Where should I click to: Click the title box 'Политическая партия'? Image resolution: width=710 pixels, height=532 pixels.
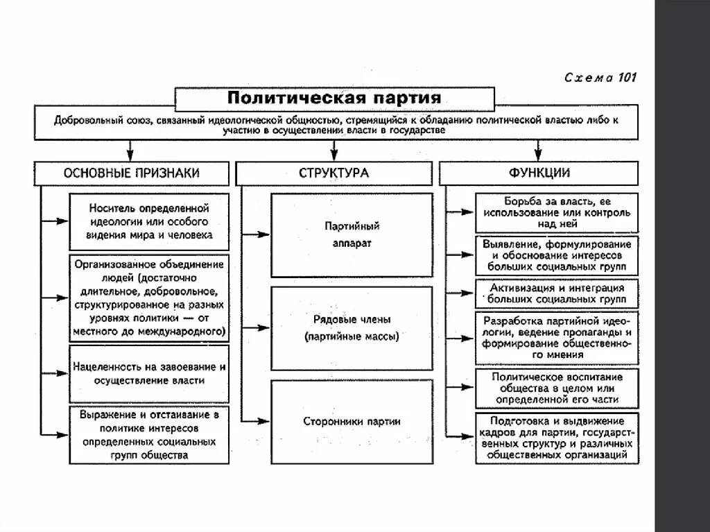(334, 96)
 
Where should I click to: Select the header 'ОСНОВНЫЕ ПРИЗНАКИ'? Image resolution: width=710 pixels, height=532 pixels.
(131, 173)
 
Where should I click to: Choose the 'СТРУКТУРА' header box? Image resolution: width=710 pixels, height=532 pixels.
(334, 173)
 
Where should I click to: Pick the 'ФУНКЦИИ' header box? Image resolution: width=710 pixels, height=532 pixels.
(538, 173)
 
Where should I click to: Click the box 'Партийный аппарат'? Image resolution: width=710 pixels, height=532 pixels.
(352, 235)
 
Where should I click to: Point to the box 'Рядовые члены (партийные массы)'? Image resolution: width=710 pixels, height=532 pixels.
(352, 328)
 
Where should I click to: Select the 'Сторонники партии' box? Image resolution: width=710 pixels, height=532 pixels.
(352, 421)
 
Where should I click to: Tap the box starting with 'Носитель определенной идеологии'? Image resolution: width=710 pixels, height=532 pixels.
(149, 222)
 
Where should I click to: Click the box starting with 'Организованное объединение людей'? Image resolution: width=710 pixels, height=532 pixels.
(149, 298)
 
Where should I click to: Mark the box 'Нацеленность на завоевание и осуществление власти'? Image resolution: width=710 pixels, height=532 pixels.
(149, 374)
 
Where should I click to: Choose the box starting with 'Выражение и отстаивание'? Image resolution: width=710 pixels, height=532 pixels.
(149, 435)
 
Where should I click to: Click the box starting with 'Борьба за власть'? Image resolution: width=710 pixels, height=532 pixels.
(557, 212)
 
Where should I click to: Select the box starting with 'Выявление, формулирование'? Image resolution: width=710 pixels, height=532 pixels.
(557, 255)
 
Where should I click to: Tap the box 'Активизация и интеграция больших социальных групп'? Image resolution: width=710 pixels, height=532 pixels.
(557, 293)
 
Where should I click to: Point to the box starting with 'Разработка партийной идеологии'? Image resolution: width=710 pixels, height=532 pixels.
(557, 338)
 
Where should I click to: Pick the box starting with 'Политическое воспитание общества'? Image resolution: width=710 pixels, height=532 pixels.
(557, 388)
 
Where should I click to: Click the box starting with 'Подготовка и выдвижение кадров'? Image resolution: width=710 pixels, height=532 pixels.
(557, 438)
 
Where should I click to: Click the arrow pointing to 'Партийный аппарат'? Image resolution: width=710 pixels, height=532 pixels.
(258, 235)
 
